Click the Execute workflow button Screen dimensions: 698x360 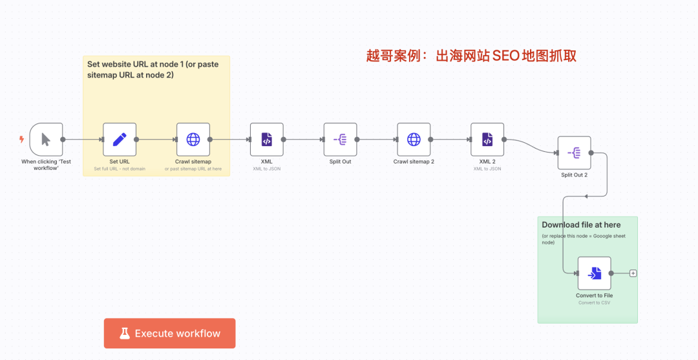169,334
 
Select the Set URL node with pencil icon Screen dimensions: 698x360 120,140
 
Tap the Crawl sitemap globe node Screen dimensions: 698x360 193,140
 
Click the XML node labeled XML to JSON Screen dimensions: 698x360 267,140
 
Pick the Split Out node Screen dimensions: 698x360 340,140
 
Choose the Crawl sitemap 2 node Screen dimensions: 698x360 414,140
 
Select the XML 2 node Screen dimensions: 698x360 487,140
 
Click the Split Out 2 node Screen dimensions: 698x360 575,153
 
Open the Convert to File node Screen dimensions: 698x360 595,273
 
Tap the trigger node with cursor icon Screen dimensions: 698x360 47,140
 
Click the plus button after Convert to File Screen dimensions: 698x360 633,273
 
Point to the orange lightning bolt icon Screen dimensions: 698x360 21,140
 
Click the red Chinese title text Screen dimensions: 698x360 471,56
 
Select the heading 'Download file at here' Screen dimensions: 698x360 581,225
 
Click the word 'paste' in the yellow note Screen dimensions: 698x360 208,65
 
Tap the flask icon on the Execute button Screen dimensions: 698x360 125,334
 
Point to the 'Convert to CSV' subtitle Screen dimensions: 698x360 595,302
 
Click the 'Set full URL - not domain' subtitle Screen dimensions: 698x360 120,169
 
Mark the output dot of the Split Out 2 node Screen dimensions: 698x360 591,153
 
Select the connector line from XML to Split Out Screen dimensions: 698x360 304,140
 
